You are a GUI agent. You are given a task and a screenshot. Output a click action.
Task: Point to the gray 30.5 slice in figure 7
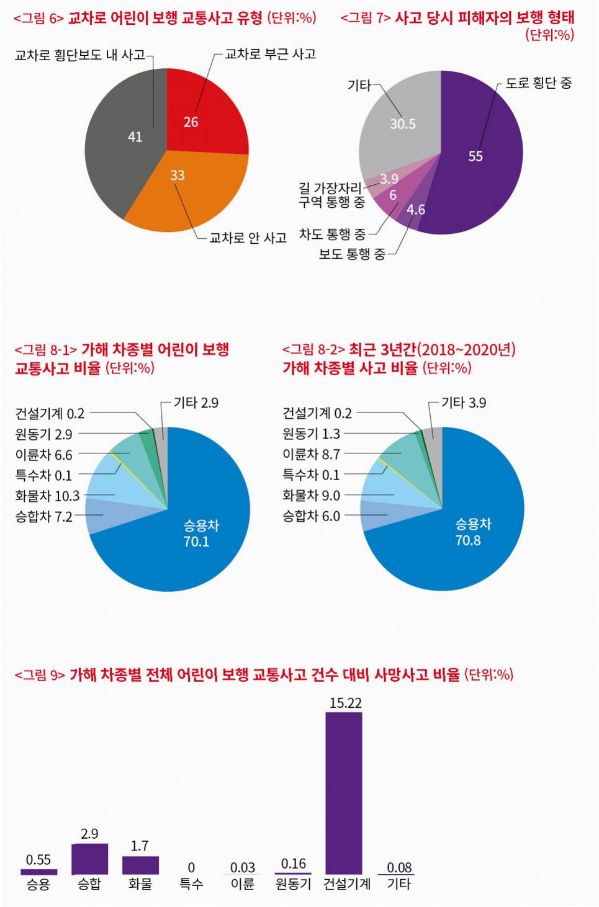tap(401, 122)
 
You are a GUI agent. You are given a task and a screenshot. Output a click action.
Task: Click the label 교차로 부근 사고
tap(270, 54)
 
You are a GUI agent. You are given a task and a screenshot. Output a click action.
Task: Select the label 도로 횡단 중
tap(538, 83)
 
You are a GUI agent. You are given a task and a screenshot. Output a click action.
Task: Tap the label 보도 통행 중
tap(352, 254)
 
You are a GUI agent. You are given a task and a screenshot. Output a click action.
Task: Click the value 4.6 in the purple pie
tap(416, 209)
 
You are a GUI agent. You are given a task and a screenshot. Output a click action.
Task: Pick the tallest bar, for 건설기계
tap(344, 793)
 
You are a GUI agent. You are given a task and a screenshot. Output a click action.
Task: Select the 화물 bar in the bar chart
tap(140, 865)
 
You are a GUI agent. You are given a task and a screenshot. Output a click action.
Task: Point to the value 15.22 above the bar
tap(346, 703)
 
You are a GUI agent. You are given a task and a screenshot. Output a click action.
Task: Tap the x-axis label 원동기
tap(293, 884)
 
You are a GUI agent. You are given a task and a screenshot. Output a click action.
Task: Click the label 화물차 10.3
tap(47, 495)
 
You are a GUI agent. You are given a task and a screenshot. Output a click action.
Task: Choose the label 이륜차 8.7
tap(311, 454)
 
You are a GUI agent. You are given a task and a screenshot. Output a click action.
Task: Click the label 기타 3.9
tap(464, 403)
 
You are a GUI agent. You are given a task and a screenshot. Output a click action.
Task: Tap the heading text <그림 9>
tap(40, 675)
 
